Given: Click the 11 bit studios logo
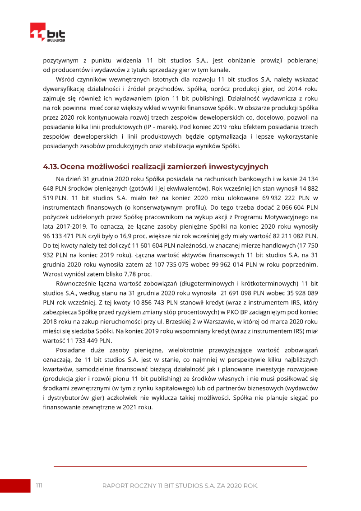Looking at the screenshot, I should tap(48, 33).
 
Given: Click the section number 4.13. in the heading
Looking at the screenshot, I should tap(53, 167).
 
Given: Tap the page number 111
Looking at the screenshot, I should tap(39, 485).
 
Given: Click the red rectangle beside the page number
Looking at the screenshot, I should tap(14, 486).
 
